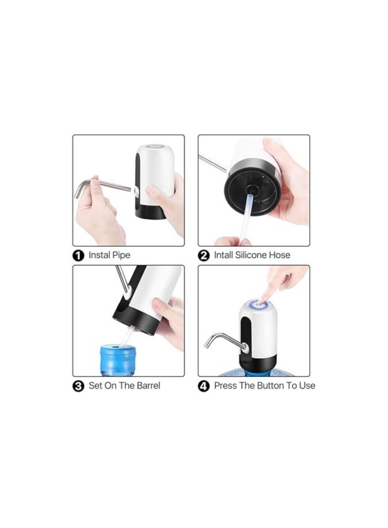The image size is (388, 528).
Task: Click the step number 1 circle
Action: [79, 255]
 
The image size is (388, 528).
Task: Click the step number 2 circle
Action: [204, 255]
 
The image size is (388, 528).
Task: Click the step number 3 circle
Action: [79, 386]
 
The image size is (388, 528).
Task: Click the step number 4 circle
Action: [204, 386]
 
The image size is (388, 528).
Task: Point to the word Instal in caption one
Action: [100, 255]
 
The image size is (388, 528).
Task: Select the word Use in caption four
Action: [307, 386]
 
